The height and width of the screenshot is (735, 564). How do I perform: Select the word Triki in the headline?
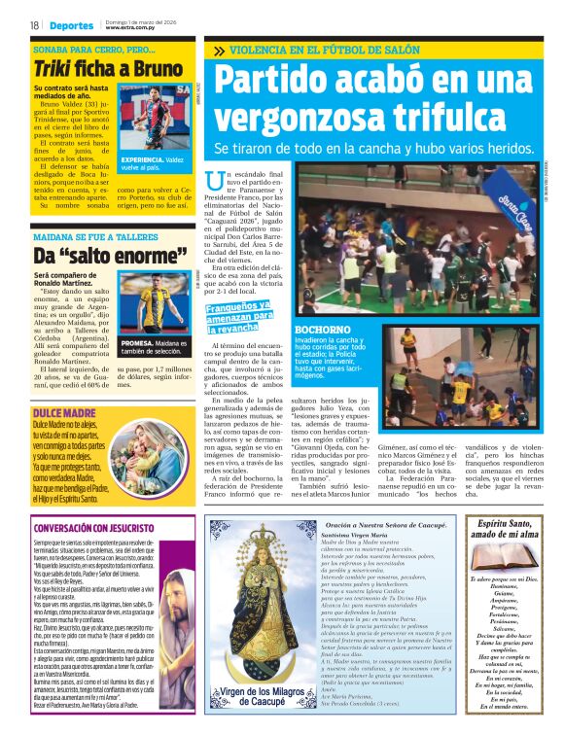point(55,69)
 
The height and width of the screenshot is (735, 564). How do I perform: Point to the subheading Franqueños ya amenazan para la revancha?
point(238,316)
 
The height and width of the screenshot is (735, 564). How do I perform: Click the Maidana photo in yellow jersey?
point(154,303)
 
